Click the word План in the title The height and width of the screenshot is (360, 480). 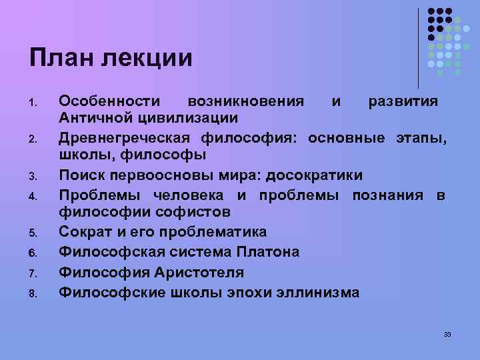tap(60, 57)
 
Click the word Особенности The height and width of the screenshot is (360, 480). tap(109, 101)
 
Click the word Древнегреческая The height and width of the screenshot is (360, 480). tap(125, 138)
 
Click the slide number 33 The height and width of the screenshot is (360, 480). tap(447, 333)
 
